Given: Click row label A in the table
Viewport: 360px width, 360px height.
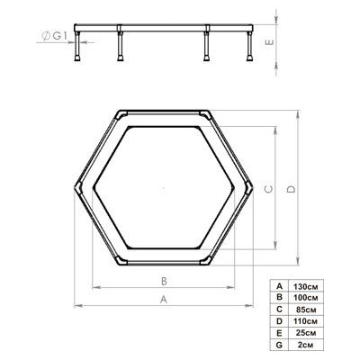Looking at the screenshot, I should (x=281, y=285).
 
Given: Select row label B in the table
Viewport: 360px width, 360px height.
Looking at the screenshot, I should (x=281, y=296).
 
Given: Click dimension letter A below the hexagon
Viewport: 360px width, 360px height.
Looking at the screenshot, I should (x=163, y=298).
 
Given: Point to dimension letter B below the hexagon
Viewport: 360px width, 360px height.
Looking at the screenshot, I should (x=163, y=280).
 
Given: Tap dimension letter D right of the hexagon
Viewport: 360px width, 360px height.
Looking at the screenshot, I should (x=290, y=188).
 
